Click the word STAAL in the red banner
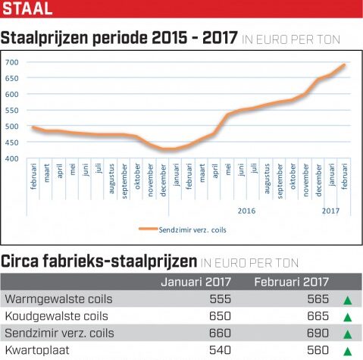[27, 8]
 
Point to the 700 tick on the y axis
[12, 62]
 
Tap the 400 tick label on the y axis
[12, 158]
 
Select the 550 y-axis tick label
[12, 111]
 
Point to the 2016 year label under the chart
[246, 211]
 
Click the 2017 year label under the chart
[330, 211]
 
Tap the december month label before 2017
[318, 180]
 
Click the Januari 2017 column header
[196, 282]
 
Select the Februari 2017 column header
[292, 282]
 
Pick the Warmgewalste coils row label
[58, 299]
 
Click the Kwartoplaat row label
[37, 350]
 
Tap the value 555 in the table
[220, 299]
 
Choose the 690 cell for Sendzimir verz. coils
[318, 333]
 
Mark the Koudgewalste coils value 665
[318, 316]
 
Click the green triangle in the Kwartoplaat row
[348, 351]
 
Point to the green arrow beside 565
[348, 300]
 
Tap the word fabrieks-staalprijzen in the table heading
[120, 261]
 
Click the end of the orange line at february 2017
[344, 65]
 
